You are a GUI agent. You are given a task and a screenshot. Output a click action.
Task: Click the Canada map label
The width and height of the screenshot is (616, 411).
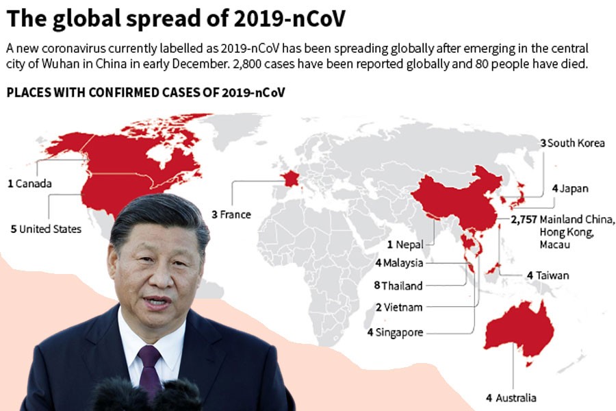point(30,184)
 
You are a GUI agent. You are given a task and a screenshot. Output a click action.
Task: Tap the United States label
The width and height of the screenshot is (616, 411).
point(47,229)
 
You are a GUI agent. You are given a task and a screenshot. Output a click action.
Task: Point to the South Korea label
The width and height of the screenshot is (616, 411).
point(574,143)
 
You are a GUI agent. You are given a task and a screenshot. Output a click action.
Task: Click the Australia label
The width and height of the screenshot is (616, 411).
point(512,398)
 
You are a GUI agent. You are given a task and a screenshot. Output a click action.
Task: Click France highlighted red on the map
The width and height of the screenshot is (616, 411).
point(290,179)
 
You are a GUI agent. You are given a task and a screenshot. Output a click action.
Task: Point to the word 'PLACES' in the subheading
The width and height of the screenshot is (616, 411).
point(27,92)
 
